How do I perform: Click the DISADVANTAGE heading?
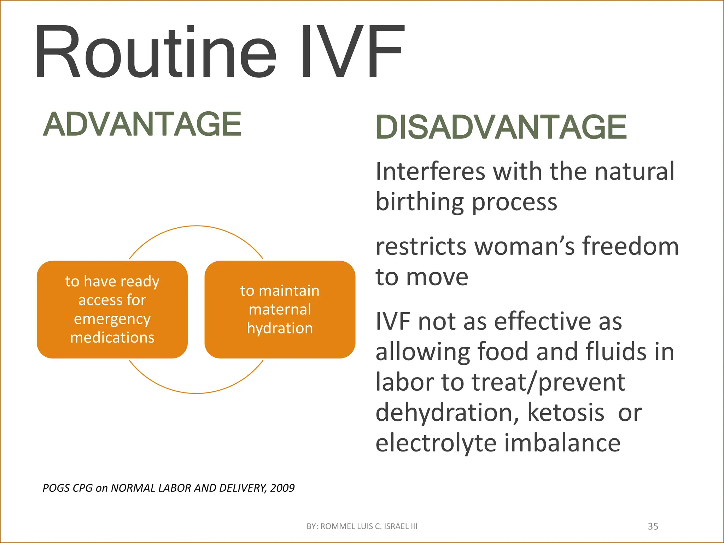501,127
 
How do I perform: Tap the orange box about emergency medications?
112,309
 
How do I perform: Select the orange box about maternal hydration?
280,309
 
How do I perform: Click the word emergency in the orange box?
112,319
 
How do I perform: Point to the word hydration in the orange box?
280,328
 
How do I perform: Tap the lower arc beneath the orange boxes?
196,392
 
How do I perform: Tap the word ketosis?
566,413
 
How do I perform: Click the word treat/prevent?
548,382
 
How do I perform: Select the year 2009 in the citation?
282,488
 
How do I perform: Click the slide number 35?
653,526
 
